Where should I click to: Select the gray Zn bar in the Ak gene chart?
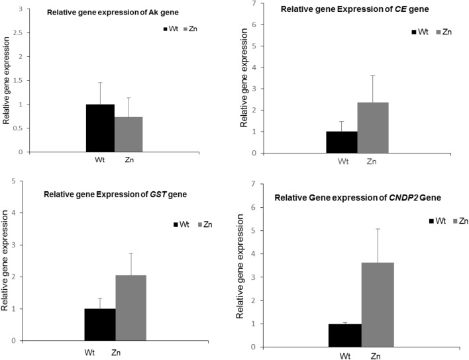click(128, 134)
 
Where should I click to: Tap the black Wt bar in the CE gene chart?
click(342, 142)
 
